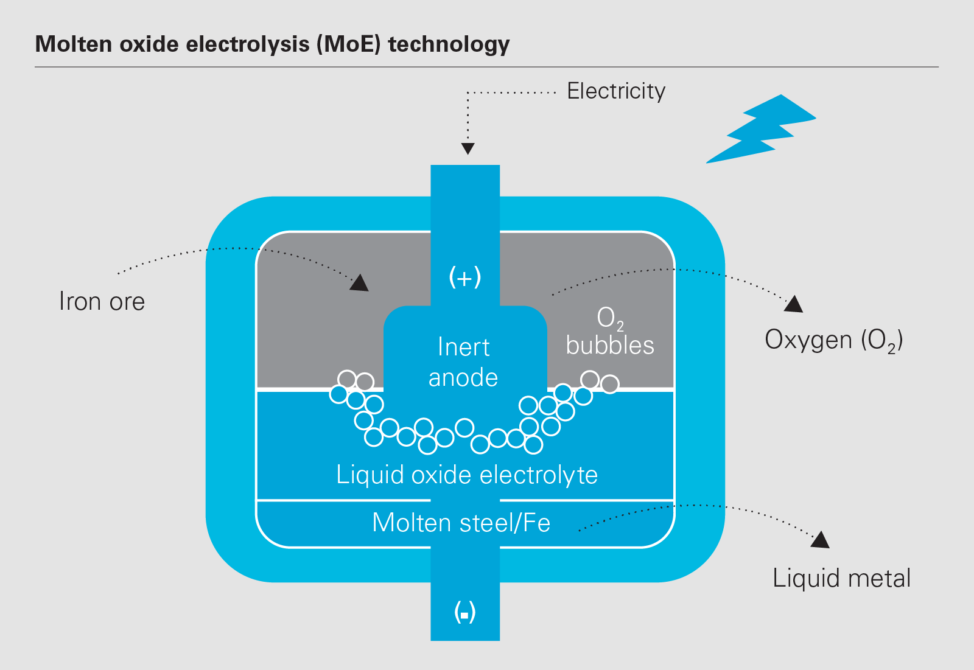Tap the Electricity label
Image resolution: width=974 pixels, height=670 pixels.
click(x=616, y=91)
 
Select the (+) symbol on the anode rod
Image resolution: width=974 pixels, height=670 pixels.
click(x=465, y=277)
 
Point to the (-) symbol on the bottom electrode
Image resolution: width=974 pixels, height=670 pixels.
click(x=465, y=612)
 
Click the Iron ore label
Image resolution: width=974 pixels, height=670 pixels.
click(x=102, y=302)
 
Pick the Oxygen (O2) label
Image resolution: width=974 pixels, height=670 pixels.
click(x=833, y=340)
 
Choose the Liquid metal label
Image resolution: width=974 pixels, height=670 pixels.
click(x=841, y=578)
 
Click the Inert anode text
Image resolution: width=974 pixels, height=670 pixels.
click(x=463, y=362)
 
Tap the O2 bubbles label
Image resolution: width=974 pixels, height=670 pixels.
click(x=610, y=332)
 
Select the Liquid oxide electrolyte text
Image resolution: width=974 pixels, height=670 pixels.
click(x=467, y=475)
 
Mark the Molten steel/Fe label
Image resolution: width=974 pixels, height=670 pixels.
click(x=461, y=523)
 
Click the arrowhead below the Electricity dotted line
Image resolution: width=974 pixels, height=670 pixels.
click(x=468, y=148)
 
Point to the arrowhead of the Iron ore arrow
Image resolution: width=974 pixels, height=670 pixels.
click(x=360, y=283)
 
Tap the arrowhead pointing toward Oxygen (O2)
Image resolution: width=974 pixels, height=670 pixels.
click(x=794, y=304)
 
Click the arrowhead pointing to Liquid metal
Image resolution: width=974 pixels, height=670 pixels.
click(x=821, y=539)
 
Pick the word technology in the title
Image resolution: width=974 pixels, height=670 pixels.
click(x=449, y=44)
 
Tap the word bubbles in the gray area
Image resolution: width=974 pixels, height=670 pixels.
click(x=610, y=346)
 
